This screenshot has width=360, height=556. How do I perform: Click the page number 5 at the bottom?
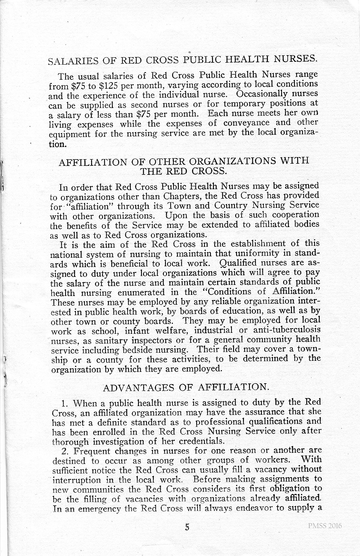pyautogui.click(x=187, y=527)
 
